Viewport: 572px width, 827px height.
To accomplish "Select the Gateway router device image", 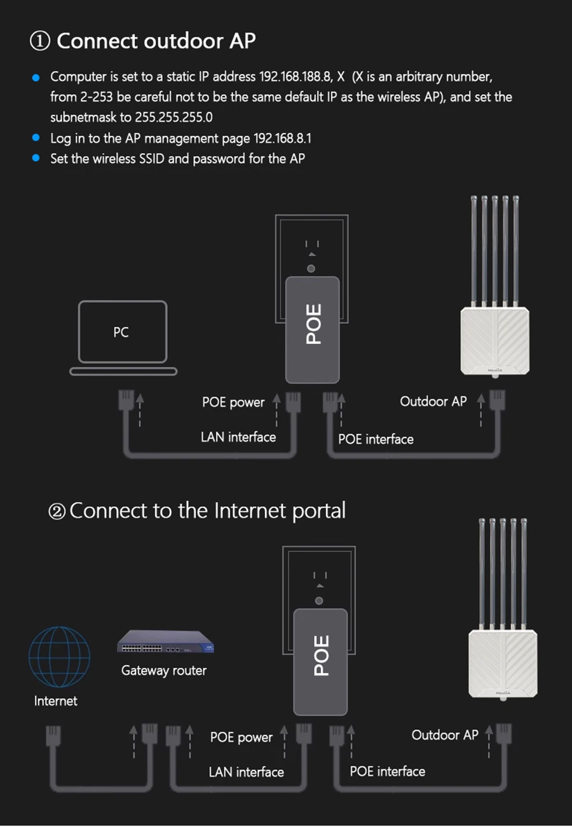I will [165, 642].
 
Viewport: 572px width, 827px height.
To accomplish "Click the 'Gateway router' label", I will [164, 670].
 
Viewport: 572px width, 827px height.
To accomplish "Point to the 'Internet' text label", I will [56, 701].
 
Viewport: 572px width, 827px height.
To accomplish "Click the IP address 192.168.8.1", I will [282, 138].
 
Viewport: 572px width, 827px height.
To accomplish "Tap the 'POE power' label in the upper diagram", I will [233, 402].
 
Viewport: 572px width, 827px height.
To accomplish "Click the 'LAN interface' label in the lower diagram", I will [246, 772].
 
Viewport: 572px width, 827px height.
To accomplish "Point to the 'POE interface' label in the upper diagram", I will [376, 439].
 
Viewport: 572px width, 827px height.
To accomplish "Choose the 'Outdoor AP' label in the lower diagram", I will [445, 735].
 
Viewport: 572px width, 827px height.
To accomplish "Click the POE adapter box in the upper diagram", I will [313, 329].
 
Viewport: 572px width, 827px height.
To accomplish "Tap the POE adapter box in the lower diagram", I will [321, 661].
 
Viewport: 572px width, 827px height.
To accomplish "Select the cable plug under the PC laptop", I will [126, 401].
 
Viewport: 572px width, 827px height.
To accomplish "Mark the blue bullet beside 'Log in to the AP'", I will [36, 138].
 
